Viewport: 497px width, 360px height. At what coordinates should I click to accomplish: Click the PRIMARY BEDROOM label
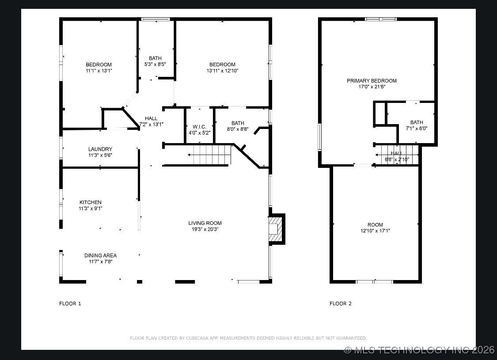pyautogui.click(x=372, y=81)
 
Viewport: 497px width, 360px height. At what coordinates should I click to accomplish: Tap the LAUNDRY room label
pyautogui.click(x=100, y=149)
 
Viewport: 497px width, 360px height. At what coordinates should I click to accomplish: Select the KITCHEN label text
pyautogui.click(x=91, y=202)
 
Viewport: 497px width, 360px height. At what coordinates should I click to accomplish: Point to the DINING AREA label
pyautogui.click(x=100, y=255)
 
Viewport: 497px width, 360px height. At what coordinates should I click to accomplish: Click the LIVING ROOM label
pyautogui.click(x=205, y=223)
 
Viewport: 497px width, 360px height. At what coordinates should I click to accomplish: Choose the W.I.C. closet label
pyautogui.click(x=199, y=127)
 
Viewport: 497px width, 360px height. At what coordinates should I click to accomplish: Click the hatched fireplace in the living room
pyautogui.click(x=275, y=229)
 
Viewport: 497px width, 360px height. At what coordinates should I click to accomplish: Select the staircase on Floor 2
pyautogui.click(x=396, y=154)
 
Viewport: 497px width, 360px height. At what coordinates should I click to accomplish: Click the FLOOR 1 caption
pyautogui.click(x=70, y=303)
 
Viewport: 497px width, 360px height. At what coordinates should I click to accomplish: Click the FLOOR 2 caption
pyautogui.click(x=341, y=303)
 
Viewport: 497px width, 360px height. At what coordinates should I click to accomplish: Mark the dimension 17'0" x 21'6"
pyautogui.click(x=372, y=87)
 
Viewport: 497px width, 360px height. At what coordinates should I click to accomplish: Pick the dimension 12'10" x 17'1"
pyautogui.click(x=375, y=231)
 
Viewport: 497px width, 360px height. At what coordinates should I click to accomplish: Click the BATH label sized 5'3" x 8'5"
pyautogui.click(x=155, y=58)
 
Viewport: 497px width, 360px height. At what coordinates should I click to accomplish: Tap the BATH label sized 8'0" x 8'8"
pyautogui.click(x=237, y=123)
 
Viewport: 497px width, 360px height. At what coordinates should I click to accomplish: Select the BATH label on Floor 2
pyautogui.click(x=416, y=122)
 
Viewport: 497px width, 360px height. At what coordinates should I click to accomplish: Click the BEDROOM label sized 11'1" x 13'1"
pyautogui.click(x=99, y=64)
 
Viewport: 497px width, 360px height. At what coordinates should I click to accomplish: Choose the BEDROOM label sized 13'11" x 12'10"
pyautogui.click(x=222, y=64)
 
